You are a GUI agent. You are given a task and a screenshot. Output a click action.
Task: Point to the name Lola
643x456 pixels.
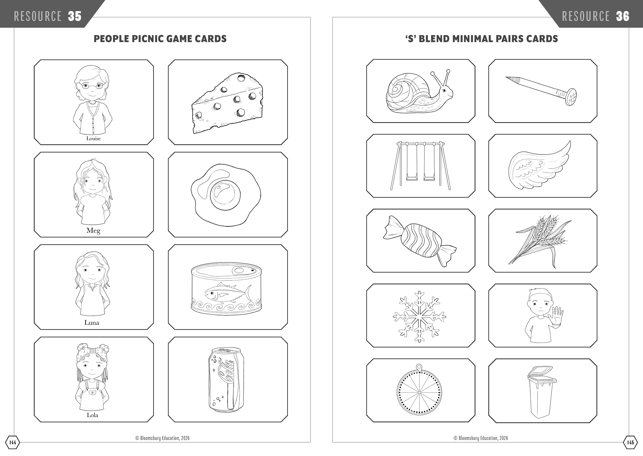92,415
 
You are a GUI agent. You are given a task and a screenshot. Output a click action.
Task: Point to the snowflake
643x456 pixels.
419,316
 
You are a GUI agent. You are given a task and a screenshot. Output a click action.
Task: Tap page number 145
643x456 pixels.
630,443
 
